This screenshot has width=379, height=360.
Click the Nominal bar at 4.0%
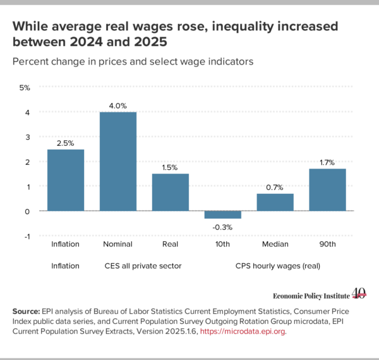pyautogui.click(x=118, y=162)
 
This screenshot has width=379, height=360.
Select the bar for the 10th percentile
pyautogui.click(x=222, y=215)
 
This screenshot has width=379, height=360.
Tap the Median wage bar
pyautogui.click(x=275, y=202)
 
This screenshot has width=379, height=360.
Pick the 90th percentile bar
pyautogui.click(x=327, y=189)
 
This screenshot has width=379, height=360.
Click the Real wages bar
pyautogui.click(x=171, y=193)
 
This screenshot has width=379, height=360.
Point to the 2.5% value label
pyautogui.click(x=65, y=143)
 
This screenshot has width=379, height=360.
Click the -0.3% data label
pyautogui.click(x=222, y=227)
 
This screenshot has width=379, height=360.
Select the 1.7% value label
pyautogui.click(x=327, y=162)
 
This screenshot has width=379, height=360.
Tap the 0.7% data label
pyautogui.click(x=275, y=188)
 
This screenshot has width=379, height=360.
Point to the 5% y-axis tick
pyautogui.click(x=25, y=88)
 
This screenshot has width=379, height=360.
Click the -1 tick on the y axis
pyautogui.click(x=27, y=237)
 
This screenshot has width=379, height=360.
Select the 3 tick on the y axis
pyautogui.click(x=28, y=137)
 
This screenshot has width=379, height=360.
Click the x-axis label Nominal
pyautogui.click(x=117, y=244)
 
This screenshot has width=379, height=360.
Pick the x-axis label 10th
pyautogui.click(x=222, y=244)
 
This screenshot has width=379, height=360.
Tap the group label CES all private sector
pyautogui.click(x=143, y=266)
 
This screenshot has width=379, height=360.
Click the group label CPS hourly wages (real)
pyautogui.click(x=278, y=266)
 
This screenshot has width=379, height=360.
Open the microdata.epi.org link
pyautogui.click(x=243, y=331)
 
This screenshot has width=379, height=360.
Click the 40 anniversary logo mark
pyautogui.click(x=359, y=294)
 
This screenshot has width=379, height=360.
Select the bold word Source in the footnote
pyautogui.click(x=26, y=311)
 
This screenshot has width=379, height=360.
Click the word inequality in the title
pyautogui.click(x=243, y=27)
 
